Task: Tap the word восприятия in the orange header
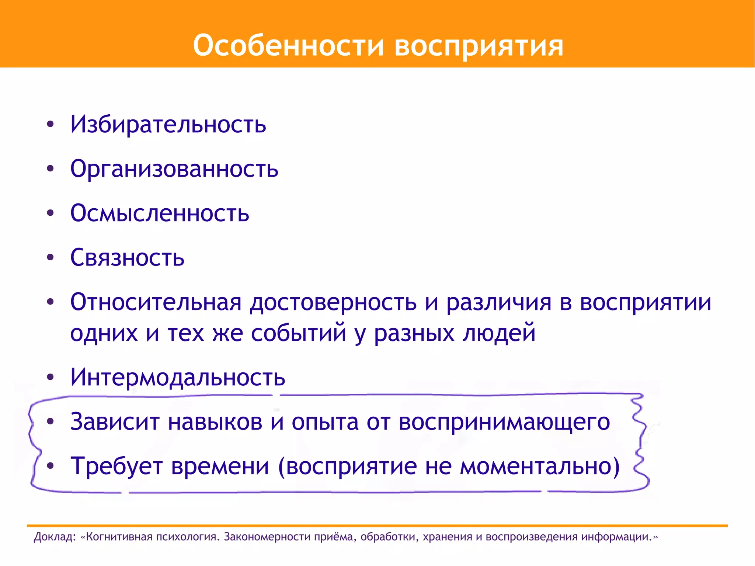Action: pos(479,46)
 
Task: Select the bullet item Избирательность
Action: pos(168,124)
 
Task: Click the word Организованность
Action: pos(174,169)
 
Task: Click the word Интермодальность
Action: pos(178,377)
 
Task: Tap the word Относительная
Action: pos(156,302)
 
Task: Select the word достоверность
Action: pos(333,302)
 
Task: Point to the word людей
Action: pos(499,333)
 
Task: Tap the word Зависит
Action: pos(115,421)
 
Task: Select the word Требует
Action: pos(116,466)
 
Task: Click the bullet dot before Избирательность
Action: pos(51,124)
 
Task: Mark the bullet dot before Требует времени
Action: pos(51,466)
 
